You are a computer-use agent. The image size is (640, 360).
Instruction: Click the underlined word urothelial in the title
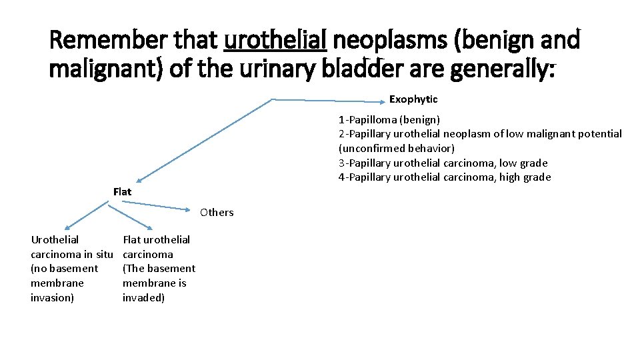tap(275, 41)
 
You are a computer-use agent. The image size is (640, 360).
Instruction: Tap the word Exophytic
tap(413, 99)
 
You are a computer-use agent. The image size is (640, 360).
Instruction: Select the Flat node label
tap(122, 192)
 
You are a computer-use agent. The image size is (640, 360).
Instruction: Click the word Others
tap(217, 213)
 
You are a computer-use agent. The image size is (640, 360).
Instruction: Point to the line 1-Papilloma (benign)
tap(389, 120)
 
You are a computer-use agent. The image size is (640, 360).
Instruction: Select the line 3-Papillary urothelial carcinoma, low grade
tap(443, 163)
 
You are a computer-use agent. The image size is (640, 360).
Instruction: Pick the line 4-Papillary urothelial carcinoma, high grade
tap(444, 177)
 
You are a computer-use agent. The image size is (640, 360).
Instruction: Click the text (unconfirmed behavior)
tap(396, 149)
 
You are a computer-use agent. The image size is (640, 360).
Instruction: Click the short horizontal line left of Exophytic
tap(330, 100)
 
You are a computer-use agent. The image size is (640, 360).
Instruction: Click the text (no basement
tap(64, 269)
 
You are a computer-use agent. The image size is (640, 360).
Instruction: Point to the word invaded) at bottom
tap(143, 298)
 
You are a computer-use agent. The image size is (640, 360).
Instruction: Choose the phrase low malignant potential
tap(564, 134)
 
